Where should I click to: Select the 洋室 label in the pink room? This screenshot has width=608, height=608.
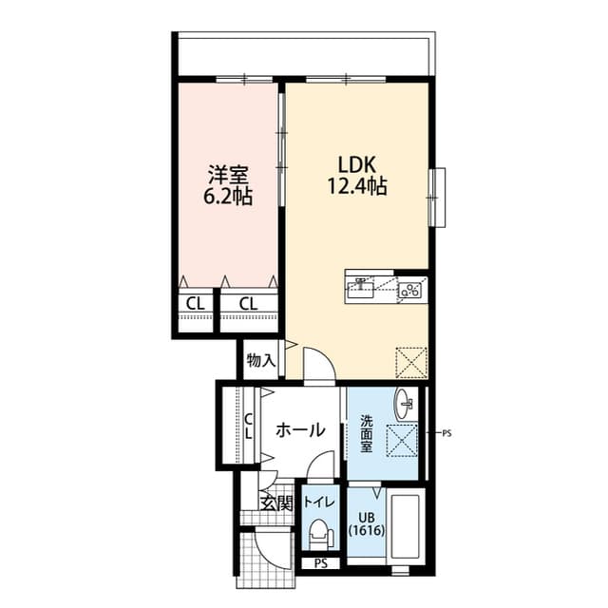tap(228, 176)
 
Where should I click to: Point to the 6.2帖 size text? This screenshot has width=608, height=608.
tap(228, 198)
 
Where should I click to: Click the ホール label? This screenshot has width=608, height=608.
tap(300, 431)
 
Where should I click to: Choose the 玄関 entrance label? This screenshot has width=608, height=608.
tap(276, 503)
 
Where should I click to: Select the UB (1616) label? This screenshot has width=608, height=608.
tap(365, 523)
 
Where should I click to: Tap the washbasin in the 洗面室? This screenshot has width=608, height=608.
tap(405, 402)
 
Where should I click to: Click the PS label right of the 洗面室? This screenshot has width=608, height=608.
tap(447, 433)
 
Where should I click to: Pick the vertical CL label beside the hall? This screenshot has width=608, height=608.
tap(248, 426)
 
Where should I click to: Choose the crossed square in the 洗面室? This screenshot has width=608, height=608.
tap(407, 439)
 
